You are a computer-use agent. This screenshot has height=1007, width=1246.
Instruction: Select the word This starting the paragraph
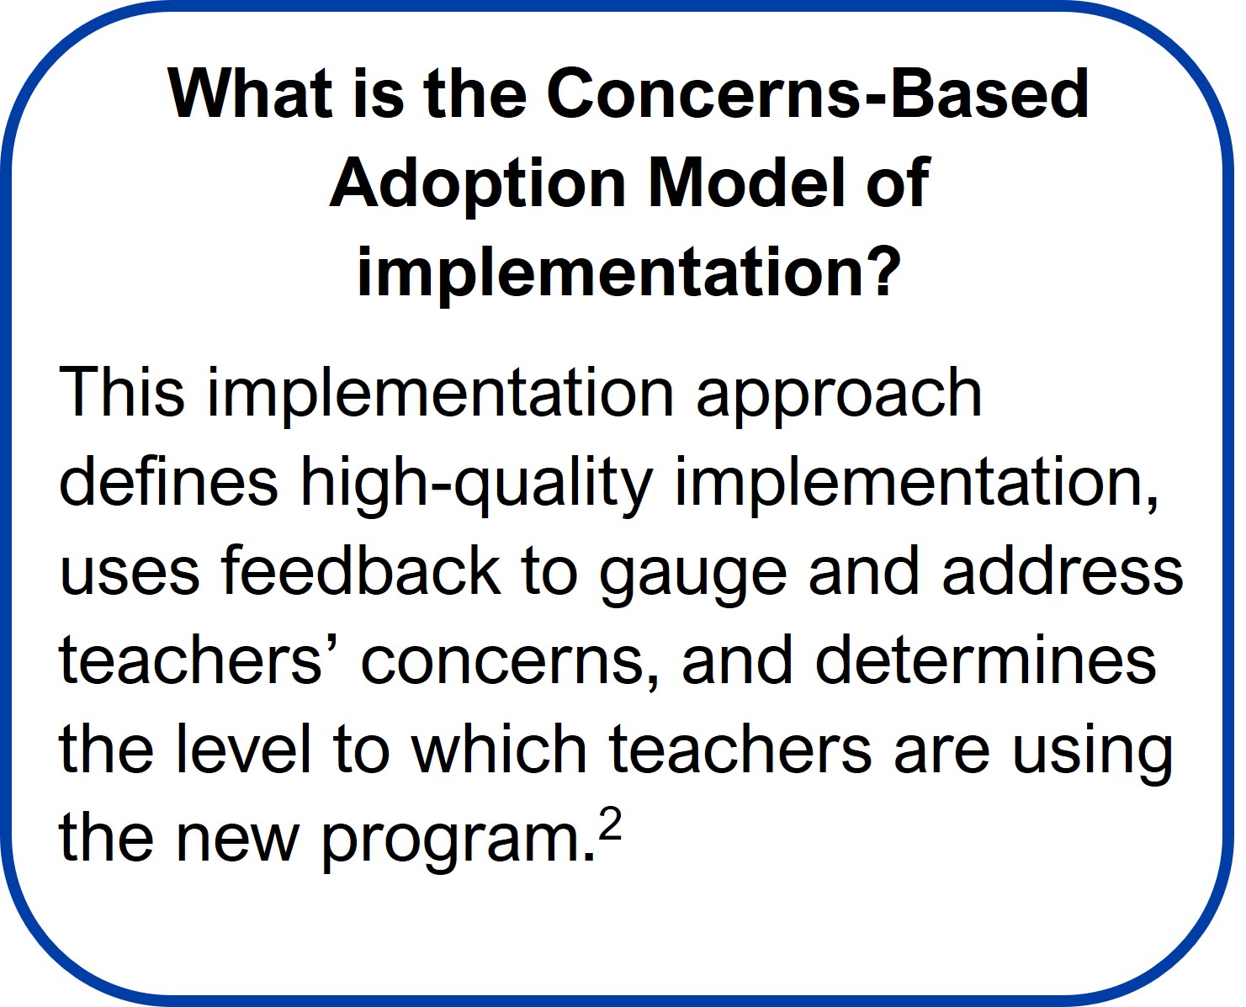tap(121, 392)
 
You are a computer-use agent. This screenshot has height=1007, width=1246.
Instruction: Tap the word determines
tap(985, 660)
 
